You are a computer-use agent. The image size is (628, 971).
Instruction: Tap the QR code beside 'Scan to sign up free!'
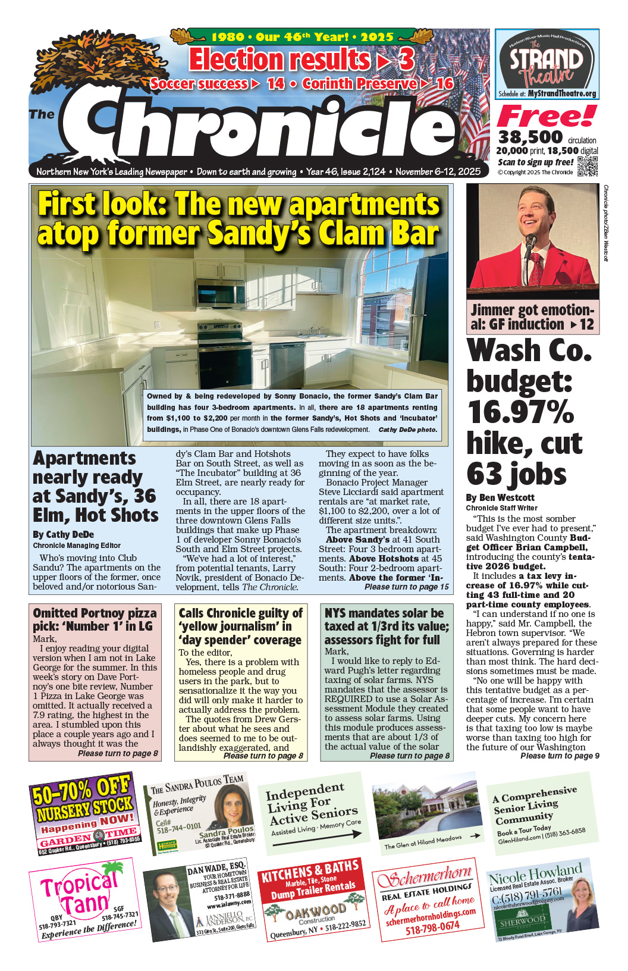click(588, 166)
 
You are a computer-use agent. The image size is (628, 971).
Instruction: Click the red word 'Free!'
click(546, 117)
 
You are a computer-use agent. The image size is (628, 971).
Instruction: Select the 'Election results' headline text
click(280, 60)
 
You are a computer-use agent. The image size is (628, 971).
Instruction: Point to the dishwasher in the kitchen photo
click(287, 364)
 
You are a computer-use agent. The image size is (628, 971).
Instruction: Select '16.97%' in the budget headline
click(520, 412)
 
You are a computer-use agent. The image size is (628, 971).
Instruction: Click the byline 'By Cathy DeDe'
click(63, 534)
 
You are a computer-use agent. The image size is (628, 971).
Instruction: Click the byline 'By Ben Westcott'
click(500, 497)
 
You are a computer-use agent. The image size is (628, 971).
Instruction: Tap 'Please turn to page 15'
click(406, 587)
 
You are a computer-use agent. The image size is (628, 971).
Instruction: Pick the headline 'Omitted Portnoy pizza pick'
click(95, 619)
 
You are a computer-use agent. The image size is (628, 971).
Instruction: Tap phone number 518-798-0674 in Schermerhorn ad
click(432, 927)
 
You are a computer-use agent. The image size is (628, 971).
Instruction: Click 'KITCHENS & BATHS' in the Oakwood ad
click(310, 870)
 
